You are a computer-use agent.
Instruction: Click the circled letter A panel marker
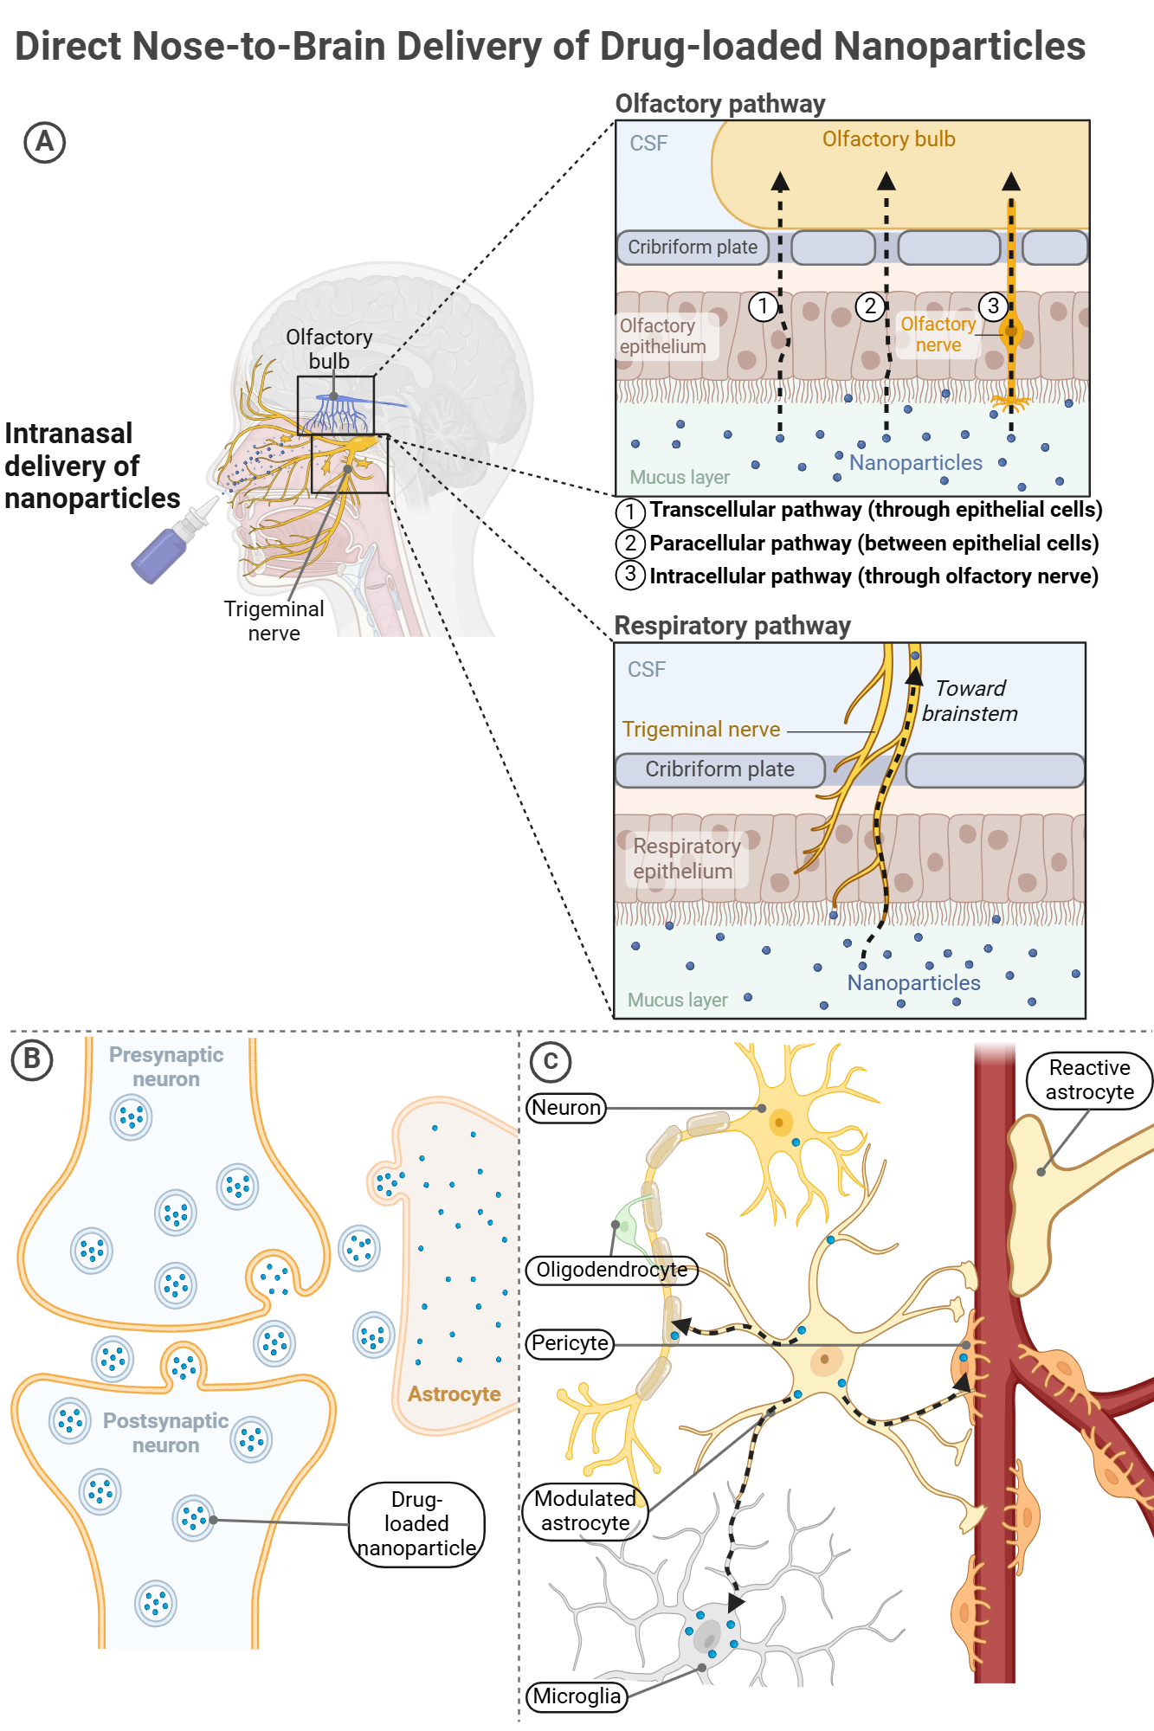[44, 143]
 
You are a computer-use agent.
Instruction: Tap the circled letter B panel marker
[32, 1059]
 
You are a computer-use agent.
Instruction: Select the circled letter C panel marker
[550, 1061]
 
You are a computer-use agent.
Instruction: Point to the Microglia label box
[577, 1696]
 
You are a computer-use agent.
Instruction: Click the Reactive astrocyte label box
[1089, 1080]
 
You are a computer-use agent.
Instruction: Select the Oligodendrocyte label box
[611, 1270]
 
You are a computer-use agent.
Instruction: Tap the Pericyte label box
[570, 1343]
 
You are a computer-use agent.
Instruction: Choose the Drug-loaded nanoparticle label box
[416, 1524]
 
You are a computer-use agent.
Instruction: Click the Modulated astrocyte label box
[585, 1511]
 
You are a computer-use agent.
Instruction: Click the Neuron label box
[566, 1108]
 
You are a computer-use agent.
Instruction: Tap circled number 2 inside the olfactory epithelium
[870, 306]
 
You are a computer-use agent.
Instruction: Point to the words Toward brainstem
[970, 701]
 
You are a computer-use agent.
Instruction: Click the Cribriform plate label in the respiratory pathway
[719, 769]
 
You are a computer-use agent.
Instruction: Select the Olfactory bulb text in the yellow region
[888, 139]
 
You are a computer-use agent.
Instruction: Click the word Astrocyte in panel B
[454, 1394]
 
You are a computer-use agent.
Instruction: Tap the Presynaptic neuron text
[166, 1067]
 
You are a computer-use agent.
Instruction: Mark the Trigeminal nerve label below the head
[274, 621]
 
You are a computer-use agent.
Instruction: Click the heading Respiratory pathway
[732, 626]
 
